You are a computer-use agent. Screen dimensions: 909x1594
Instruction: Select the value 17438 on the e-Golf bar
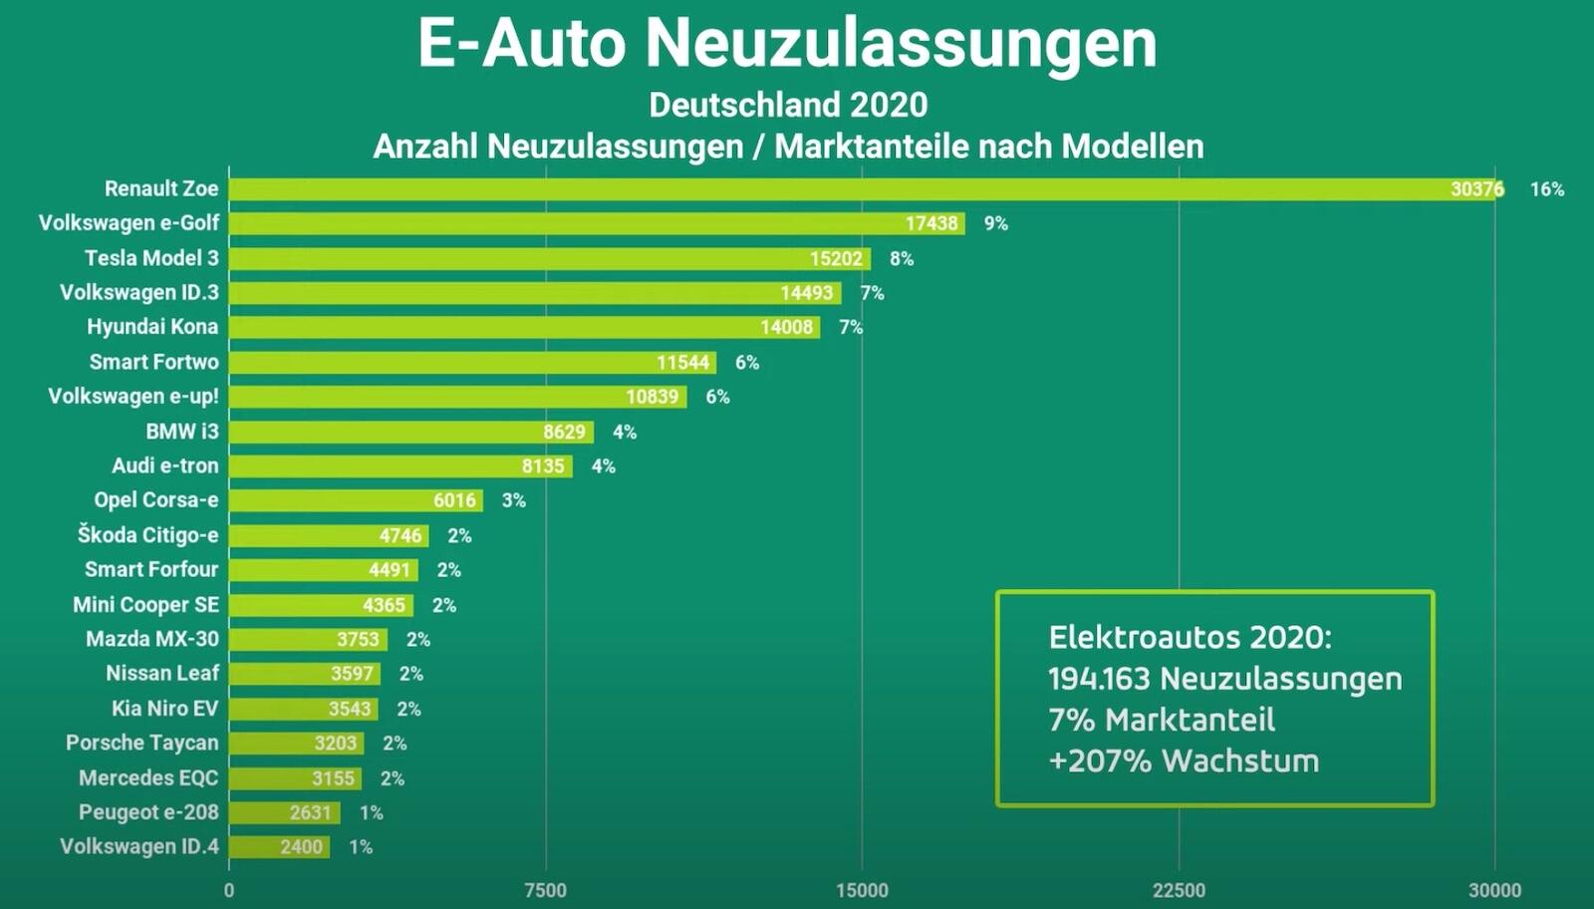pos(930,223)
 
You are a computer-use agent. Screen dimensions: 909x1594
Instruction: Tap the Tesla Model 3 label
pos(151,258)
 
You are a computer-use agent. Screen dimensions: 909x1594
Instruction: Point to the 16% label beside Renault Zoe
pos(1546,189)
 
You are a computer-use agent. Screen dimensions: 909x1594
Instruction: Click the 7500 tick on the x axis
pos(545,890)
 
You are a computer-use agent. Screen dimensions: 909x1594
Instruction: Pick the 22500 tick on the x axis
pos(1179,890)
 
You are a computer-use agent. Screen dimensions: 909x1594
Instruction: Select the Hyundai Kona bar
pos(524,327)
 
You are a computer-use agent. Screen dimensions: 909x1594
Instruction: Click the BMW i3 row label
pos(182,432)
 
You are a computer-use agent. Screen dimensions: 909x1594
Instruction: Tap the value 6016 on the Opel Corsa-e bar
pos(454,500)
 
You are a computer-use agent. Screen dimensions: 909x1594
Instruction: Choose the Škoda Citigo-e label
pos(148,535)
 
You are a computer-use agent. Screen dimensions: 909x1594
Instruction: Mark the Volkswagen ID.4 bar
pos(279,847)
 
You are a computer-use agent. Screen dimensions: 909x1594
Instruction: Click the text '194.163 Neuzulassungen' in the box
pos(1224,679)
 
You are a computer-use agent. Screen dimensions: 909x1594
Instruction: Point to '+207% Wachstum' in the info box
pos(1184,760)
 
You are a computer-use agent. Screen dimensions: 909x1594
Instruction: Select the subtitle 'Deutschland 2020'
pos(788,105)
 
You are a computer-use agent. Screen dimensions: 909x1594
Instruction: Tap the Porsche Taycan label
pos(142,744)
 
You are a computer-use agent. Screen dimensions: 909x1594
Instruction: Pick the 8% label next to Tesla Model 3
pos(902,258)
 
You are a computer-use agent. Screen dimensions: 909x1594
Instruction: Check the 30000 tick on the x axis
pos(1494,890)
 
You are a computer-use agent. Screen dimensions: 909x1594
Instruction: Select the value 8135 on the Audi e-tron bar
pos(543,465)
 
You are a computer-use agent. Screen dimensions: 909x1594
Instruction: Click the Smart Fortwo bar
pos(472,362)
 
